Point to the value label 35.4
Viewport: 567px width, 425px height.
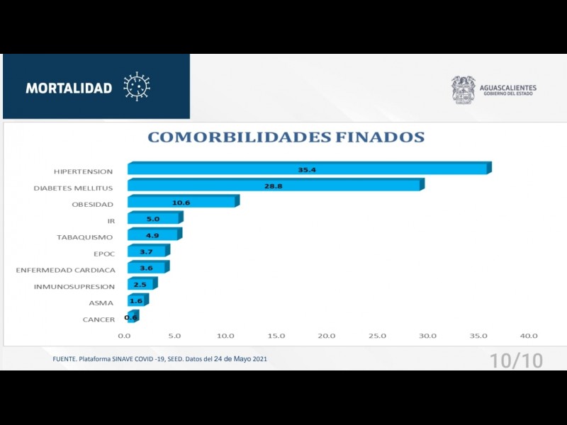[307, 170]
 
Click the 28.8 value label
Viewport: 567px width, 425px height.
[274, 186]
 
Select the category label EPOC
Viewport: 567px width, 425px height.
[104, 253]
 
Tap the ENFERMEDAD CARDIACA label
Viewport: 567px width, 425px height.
[65, 270]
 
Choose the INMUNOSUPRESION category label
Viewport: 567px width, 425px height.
[74, 286]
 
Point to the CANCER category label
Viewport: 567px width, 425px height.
[99, 319]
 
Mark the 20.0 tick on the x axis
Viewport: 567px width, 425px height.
[327, 336]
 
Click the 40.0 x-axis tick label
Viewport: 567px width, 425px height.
[529, 336]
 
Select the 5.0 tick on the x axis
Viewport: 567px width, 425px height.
[174, 336]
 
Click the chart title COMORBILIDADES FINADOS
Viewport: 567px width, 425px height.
[286, 137]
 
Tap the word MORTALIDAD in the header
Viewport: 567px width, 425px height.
[69, 88]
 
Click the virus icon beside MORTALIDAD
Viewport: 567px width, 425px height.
[137, 86]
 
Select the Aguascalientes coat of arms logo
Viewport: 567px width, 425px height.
[464, 90]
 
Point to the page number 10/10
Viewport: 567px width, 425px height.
[516, 360]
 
